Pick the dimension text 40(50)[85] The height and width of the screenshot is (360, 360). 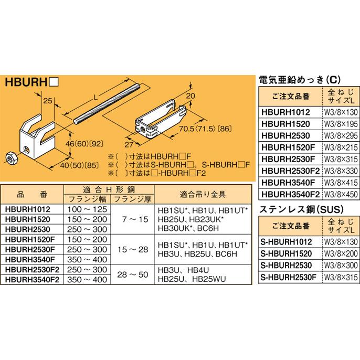click(x=79, y=163)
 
